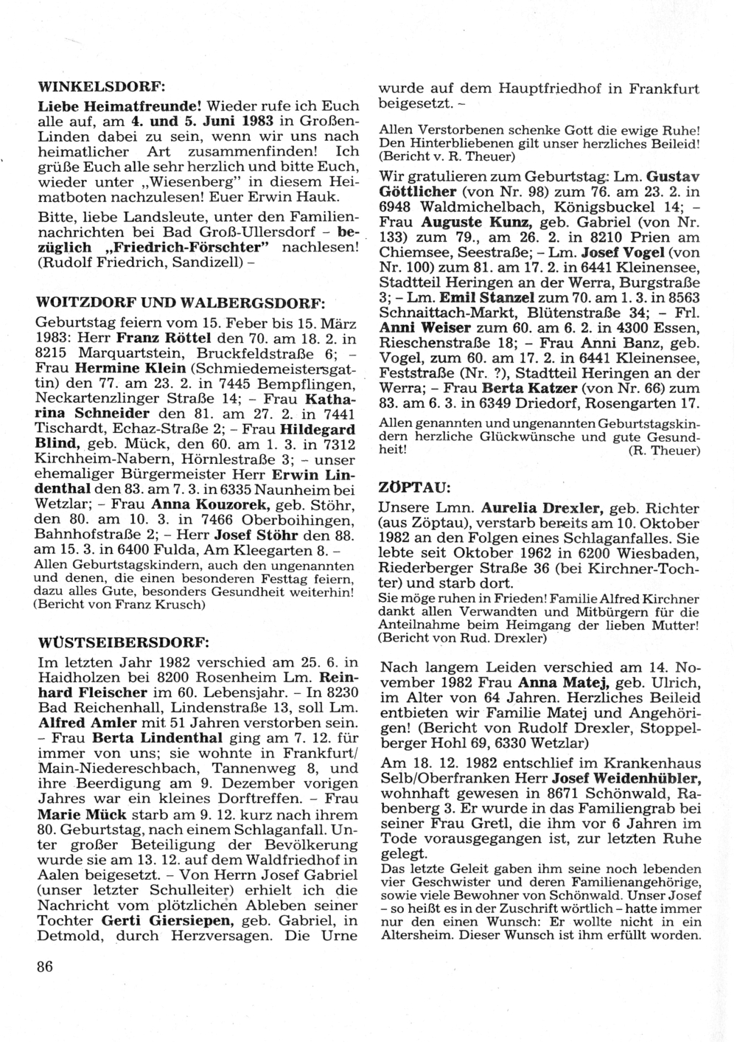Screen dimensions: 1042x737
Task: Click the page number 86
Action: [x=45, y=966]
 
